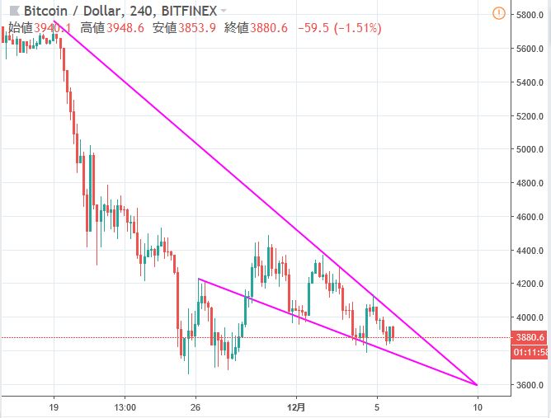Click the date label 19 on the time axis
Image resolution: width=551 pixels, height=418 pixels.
pyautogui.click(x=54, y=406)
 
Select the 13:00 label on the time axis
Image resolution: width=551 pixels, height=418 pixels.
pyautogui.click(x=125, y=406)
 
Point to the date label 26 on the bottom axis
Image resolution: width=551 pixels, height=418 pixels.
pyautogui.click(x=195, y=406)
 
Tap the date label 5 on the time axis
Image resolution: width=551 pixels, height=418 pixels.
pyautogui.click(x=376, y=406)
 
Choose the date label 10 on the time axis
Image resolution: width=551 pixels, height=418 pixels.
pyautogui.click(x=478, y=406)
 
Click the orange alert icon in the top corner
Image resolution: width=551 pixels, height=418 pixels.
pyautogui.click(x=498, y=13)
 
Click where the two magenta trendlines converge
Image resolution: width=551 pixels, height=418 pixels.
pyautogui.click(x=477, y=384)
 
